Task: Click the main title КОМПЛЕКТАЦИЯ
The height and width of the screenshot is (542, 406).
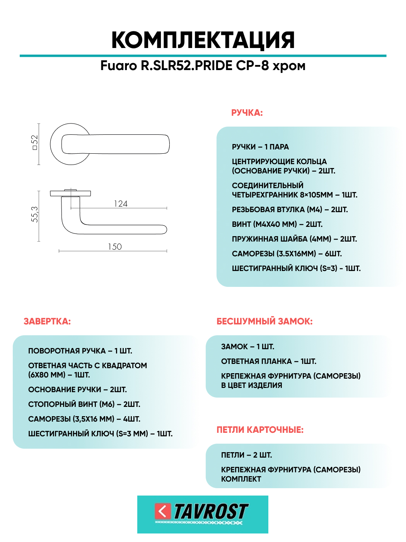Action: (203, 40)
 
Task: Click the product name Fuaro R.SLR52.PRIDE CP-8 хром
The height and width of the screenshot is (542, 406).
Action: (203, 66)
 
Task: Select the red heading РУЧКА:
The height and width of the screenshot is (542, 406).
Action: (247, 113)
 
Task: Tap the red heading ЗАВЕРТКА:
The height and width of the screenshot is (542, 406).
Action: (47, 321)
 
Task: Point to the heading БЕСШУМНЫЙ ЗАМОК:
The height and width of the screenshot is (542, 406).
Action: (264, 321)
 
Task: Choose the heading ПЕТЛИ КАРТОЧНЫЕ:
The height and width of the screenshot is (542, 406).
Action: (260, 430)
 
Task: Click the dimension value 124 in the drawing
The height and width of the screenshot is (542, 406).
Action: (121, 204)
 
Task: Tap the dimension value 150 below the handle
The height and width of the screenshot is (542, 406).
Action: (115, 247)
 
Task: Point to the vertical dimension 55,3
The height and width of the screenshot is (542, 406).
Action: (35, 214)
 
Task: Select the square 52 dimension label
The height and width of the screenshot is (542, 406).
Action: (35, 142)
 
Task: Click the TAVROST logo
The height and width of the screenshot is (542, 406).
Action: (203, 514)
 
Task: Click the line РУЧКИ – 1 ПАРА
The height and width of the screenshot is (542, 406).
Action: (260, 147)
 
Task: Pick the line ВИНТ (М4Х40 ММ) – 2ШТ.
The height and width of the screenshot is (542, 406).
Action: (277, 225)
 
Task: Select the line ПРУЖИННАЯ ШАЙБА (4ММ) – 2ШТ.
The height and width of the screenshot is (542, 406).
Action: (294, 239)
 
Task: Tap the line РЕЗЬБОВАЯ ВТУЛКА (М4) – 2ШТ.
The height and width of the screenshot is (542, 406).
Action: (290, 210)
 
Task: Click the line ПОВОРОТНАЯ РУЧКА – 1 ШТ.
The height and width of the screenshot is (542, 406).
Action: (80, 351)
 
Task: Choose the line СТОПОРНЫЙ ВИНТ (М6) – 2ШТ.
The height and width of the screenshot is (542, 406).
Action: (84, 405)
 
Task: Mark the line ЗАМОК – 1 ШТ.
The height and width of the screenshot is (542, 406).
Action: (247, 347)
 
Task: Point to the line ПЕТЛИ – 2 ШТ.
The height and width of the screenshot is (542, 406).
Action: (246, 455)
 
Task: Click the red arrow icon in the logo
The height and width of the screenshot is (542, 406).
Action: (163, 511)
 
